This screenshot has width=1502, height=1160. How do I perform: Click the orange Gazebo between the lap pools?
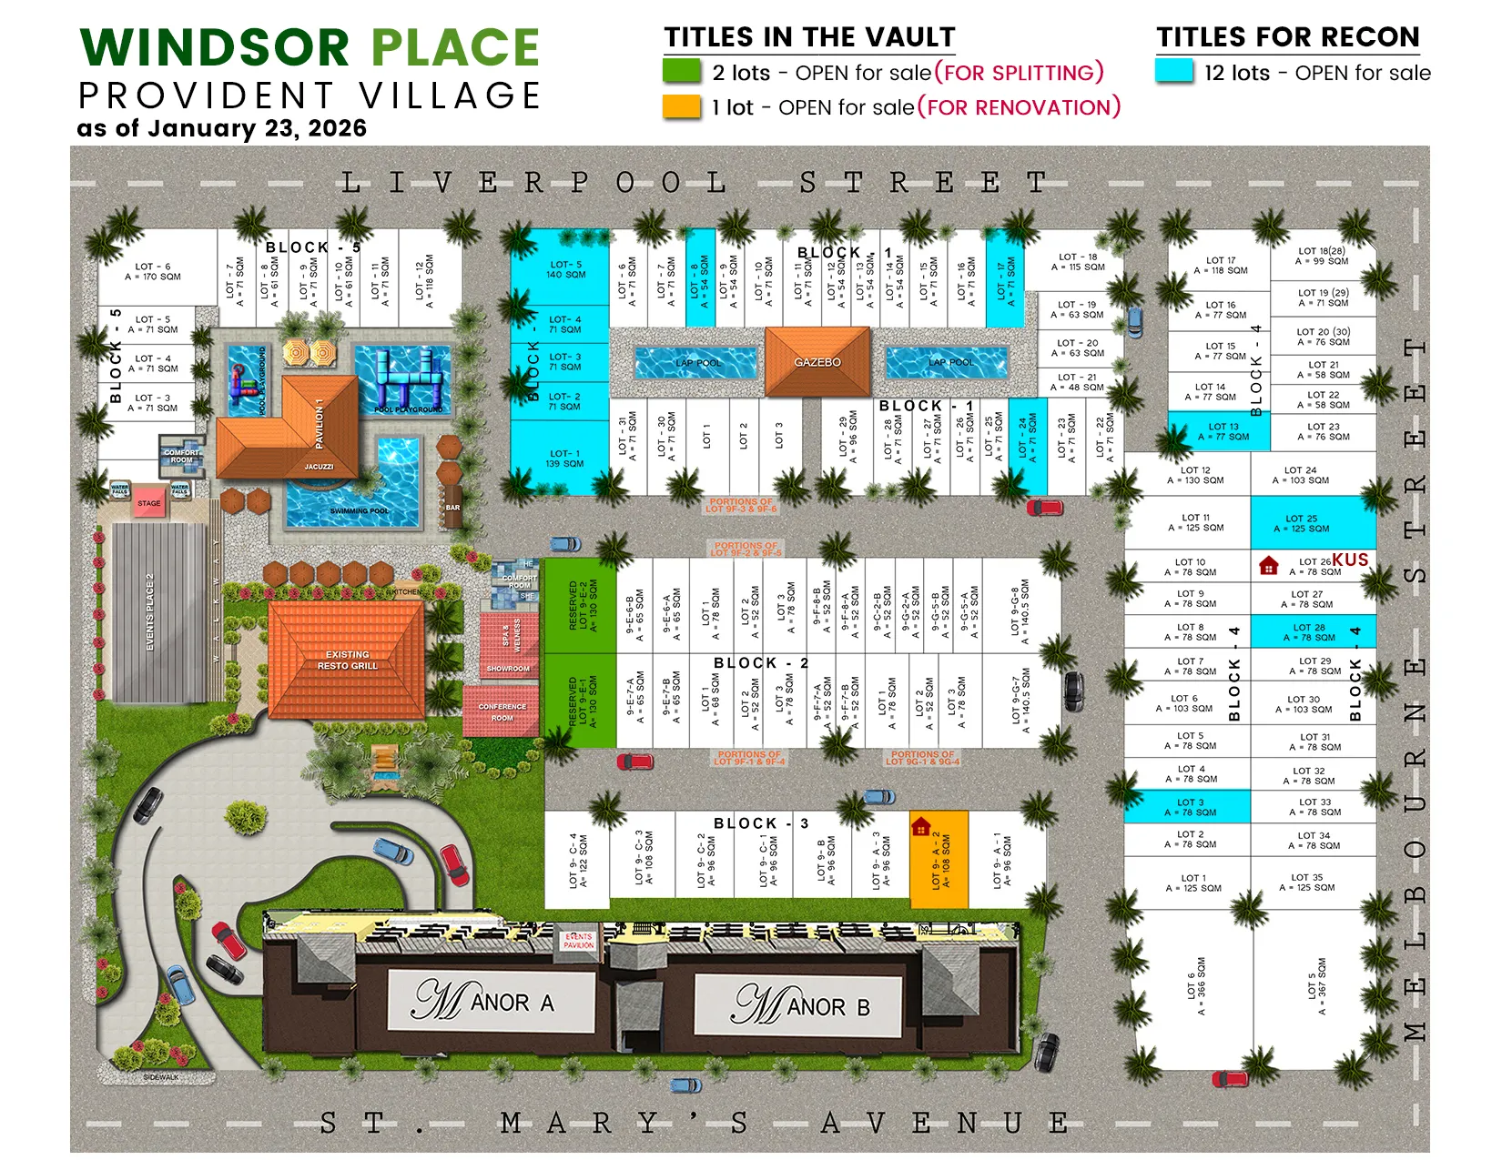pos(817,362)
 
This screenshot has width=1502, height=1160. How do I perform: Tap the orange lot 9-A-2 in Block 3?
pos(939,861)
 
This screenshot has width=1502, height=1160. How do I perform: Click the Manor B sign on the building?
pos(800,1005)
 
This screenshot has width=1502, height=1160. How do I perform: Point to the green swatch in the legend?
pos(682,72)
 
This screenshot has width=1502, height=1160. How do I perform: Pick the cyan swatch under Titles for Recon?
pos(1174,72)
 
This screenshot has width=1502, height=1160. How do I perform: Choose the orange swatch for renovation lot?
pos(682,107)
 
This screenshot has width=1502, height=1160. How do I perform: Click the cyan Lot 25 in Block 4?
pos(1312,523)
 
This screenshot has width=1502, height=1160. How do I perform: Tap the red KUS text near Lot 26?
pos(1350,560)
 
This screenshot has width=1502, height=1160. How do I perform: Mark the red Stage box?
pos(149,503)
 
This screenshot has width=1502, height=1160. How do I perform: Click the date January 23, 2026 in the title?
pos(258,128)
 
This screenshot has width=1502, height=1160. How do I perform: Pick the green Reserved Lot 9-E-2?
pos(581,605)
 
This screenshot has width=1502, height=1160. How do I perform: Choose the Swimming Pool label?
pos(359,511)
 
